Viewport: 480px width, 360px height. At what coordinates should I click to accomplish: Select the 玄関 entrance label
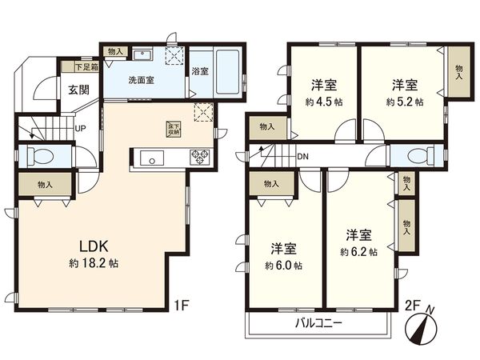(78, 89)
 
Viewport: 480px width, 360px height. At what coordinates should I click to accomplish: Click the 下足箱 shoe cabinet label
(86, 66)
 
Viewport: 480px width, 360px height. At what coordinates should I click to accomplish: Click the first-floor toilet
(41, 156)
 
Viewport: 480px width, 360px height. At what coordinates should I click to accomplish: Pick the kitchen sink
(152, 158)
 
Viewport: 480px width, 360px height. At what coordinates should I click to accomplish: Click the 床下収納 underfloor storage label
(174, 128)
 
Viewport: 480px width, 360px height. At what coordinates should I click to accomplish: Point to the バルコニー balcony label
(318, 324)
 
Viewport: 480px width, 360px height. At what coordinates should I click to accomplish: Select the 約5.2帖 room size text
(401, 102)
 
